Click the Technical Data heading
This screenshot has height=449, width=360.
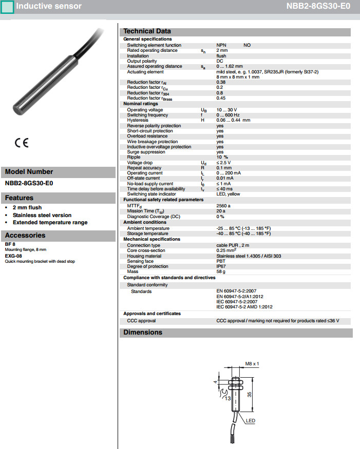[147, 31]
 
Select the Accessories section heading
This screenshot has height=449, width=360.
[25, 236]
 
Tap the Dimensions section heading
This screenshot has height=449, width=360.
[142, 333]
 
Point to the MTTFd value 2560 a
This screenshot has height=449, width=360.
[223, 205]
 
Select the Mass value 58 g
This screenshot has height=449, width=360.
[221, 271]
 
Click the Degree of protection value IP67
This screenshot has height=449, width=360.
[221, 266]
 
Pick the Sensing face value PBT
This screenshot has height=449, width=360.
[220, 261]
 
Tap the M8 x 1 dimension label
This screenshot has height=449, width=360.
[252, 363]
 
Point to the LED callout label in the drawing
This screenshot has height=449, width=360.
[251, 421]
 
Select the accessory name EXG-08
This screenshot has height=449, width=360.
[13, 255]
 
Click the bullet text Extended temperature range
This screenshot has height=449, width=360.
[50, 222]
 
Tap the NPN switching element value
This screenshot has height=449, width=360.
[221, 45]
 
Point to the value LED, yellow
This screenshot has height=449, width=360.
[228, 194]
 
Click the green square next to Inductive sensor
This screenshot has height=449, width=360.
[7, 7]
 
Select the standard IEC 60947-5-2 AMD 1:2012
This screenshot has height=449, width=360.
[244, 307]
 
